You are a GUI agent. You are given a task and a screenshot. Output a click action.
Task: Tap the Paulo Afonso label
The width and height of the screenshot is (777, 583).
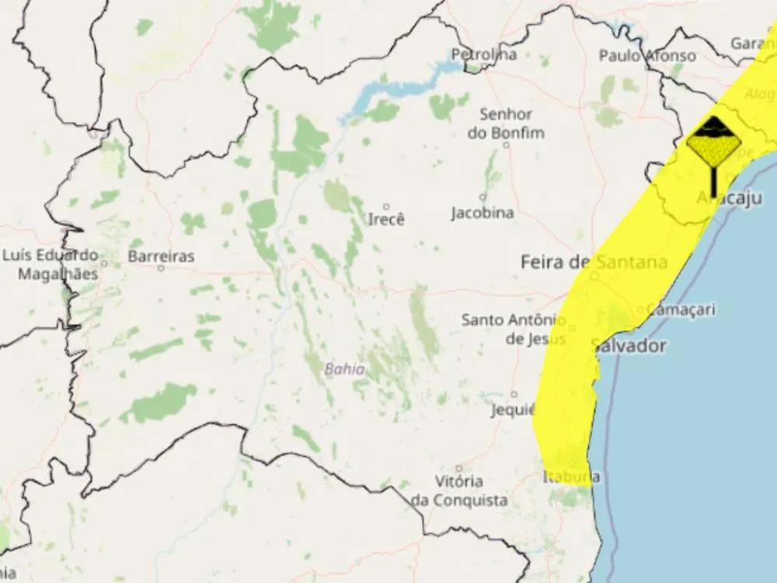647,55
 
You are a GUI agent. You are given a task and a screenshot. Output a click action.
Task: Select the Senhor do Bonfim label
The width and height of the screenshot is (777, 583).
506,124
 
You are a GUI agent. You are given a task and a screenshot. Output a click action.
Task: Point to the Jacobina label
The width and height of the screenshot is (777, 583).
483,212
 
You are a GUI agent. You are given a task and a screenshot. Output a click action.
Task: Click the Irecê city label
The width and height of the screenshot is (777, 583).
386,219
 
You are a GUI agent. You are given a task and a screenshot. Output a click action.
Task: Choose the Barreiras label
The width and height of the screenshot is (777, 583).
161,256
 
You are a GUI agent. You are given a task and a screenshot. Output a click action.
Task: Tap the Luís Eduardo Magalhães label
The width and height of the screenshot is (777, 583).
50,264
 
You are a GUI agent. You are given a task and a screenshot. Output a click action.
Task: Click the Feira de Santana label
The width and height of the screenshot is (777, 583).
594,262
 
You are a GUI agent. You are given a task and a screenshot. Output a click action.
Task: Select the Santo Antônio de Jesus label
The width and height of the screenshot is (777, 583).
514,329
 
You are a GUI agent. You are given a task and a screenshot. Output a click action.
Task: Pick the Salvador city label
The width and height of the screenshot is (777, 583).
629,346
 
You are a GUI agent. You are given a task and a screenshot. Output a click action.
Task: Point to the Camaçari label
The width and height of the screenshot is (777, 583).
681,309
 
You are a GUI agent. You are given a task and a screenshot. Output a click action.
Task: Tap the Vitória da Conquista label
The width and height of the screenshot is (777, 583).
459,490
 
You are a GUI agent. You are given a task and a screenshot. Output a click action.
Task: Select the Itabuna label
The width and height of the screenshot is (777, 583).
571,477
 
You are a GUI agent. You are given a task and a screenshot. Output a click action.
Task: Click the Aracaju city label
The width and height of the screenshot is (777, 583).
729,198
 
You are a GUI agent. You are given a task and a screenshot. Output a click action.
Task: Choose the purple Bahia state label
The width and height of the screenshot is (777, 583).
344,369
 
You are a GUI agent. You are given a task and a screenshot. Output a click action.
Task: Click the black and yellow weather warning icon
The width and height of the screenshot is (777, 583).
713,148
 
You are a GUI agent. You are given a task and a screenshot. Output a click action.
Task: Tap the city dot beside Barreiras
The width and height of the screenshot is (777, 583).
161,268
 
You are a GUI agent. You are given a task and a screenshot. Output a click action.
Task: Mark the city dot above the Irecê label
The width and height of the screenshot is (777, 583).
386,206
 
